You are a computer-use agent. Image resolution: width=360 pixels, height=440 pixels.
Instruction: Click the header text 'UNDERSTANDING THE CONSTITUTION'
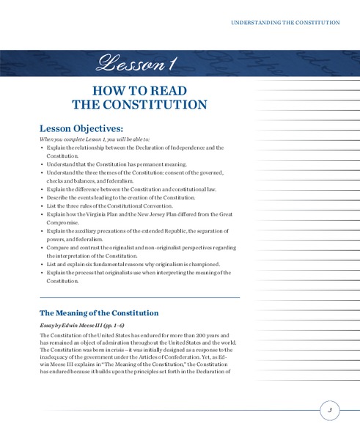(x=285, y=23)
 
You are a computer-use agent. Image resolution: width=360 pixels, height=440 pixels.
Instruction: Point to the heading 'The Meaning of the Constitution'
(x=99, y=312)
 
